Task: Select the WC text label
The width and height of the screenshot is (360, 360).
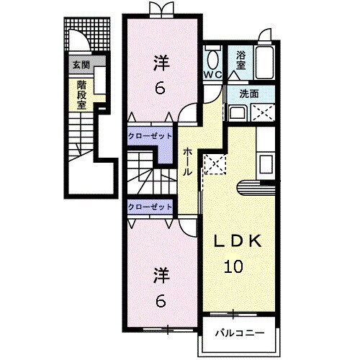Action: coord(212,74)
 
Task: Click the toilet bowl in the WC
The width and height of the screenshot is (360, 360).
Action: coord(212,58)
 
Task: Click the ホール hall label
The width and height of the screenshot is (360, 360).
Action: coord(187,161)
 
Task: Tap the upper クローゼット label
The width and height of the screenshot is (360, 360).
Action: coord(150,133)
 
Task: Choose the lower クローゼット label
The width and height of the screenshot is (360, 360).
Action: coord(150,207)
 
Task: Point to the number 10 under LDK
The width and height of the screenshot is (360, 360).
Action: coord(233,266)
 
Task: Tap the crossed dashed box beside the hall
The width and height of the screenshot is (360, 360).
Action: coord(215,164)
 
